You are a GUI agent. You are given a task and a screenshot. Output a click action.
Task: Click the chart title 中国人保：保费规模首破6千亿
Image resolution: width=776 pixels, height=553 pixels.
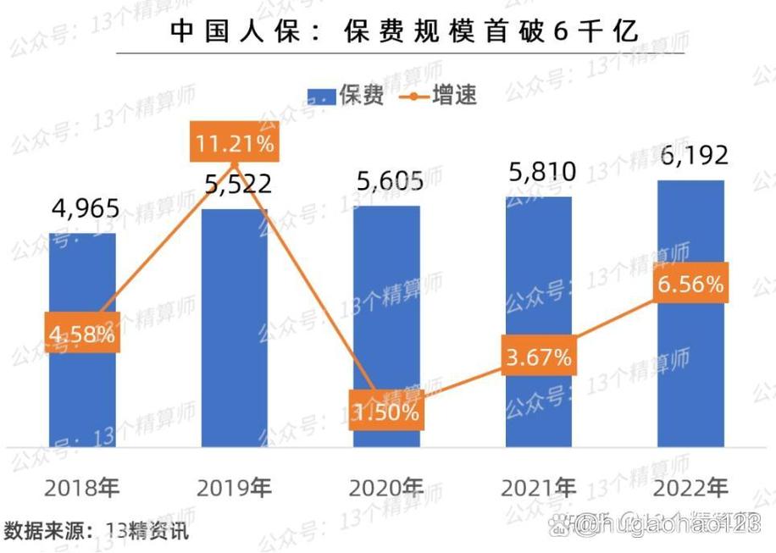[x=404, y=31]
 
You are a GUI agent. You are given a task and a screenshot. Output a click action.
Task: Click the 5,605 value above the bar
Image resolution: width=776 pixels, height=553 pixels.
[x=388, y=182]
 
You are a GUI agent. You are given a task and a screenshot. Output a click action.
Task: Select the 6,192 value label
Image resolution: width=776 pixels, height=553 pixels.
[x=692, y=157]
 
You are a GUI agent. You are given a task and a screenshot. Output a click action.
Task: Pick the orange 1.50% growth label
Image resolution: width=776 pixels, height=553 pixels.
[x=386, y=412]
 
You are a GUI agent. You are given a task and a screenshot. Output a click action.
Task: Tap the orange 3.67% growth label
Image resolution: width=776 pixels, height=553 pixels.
[x=539, y=357]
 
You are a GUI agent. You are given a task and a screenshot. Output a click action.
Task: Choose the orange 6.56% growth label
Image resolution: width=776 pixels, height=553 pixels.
[x=691, y=284]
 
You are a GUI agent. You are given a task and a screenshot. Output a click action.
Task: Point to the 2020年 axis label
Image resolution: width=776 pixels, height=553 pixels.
[x=386, y=489]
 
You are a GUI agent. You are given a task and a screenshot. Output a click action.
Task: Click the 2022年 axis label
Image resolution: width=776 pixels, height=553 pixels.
[x=691, y=489]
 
